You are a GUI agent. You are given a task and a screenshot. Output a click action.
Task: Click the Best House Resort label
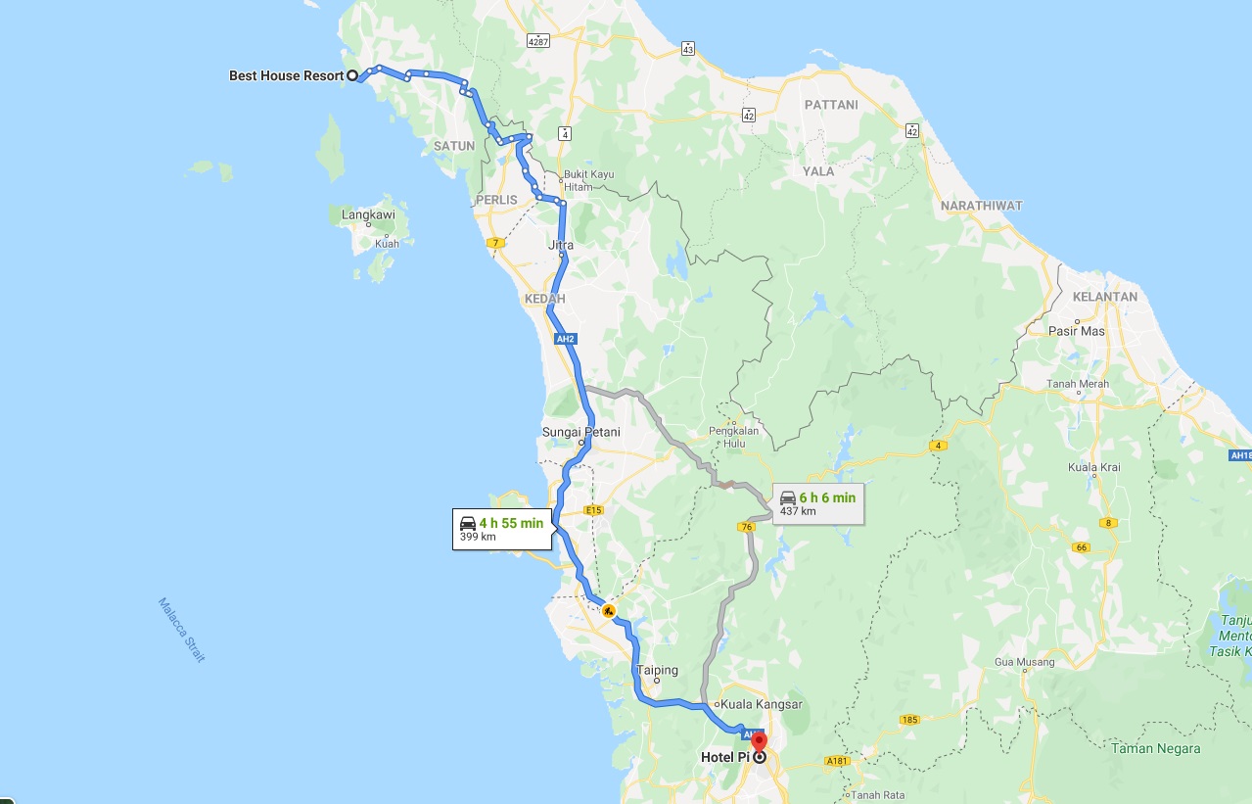tap(286, 75)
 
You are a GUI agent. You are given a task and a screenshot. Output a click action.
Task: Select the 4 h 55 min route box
tap(503, 529)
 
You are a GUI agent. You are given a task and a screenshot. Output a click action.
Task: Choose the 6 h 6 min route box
tap(817, 503)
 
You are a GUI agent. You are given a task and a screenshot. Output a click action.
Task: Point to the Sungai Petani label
tap(580, 432)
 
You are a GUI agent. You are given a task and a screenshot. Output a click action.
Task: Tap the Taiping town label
tap(657, 671)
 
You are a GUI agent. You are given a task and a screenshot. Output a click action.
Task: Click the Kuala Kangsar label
tap(761, 704)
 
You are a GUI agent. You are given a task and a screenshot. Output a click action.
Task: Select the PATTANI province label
tap(830, 105)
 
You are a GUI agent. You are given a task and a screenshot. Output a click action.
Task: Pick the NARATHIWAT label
tap(981, 206)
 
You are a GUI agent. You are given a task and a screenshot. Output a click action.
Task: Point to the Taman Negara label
tap(1155, 749)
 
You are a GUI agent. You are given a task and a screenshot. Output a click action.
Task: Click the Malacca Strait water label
tap(182, 630)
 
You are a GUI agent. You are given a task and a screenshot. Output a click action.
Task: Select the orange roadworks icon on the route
tap(609, 611)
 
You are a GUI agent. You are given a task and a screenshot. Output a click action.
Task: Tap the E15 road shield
tap(592, 510)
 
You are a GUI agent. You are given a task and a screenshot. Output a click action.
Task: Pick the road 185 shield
tap(909, 720)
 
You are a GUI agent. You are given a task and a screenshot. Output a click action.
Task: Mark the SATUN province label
tap(453, 146)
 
